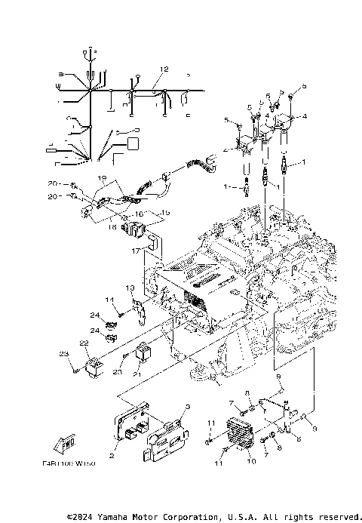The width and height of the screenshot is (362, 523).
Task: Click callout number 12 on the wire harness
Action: point(161,69)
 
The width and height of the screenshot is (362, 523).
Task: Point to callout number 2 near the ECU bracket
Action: point(112,455)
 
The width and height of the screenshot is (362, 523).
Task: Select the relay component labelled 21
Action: point(143,352)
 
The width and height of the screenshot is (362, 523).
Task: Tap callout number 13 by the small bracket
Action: point(130,288)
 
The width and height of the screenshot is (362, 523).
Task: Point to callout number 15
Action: point(167,213)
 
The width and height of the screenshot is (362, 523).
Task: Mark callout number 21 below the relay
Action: point(137,374)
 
